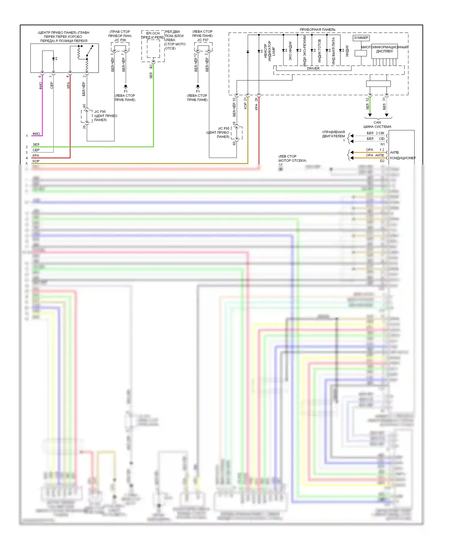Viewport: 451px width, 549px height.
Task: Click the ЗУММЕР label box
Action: (x=361, y=38)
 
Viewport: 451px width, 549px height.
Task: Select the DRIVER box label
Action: (x=313, y=68)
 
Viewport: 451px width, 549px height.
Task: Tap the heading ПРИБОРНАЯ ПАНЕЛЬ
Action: (x=318, y=29)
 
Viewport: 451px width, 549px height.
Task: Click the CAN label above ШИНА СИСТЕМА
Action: (x=377, y=123)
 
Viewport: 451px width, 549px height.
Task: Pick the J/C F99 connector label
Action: (x=120, y=40)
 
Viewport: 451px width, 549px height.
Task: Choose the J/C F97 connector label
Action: (x=203, y=40)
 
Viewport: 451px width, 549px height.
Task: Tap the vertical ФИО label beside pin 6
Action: (x=41, y=86)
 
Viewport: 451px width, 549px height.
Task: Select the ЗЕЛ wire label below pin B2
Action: (x=151, y=75)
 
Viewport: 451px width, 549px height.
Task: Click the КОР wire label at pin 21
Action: (x=245, y=106)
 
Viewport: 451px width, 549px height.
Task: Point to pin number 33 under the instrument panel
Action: (x=234, y=99)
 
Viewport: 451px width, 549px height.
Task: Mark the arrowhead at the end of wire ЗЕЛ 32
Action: (x=370, y=115)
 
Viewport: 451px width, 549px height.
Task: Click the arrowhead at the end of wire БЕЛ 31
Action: (x=387, y=115)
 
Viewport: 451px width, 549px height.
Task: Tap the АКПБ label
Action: (x=394, y=152)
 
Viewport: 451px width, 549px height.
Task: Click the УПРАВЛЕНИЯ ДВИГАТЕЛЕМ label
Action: (x=333, y=134)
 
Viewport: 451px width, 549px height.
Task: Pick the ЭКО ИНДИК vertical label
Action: (x=290, y=50)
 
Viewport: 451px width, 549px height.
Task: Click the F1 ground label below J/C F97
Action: (x=198, y=91)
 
